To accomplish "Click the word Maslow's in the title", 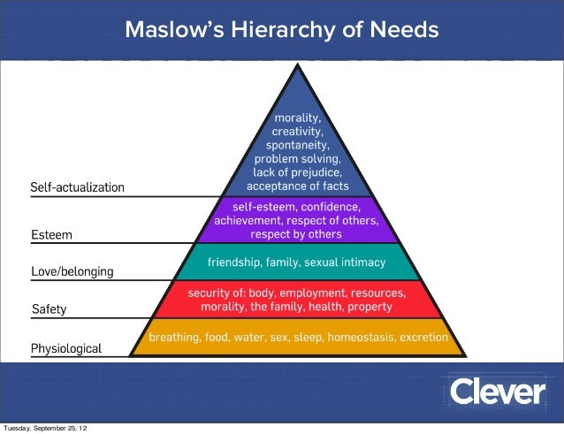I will [173, 30].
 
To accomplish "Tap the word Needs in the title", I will [404, 30].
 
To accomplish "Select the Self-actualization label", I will [78, 187].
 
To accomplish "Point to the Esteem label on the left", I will [51, 236].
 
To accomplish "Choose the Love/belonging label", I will [72, 271].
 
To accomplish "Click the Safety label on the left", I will [49, 310].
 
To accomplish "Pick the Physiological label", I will [66, 348].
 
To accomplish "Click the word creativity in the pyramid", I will [297, 131].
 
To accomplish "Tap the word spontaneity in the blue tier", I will [297, 145].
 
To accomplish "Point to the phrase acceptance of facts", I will [297, 187].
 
